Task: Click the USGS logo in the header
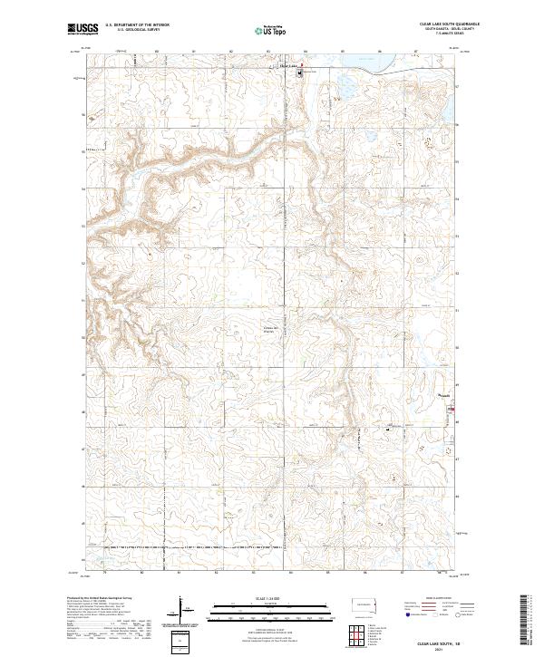79,30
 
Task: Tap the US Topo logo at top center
272,30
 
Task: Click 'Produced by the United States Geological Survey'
101,598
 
